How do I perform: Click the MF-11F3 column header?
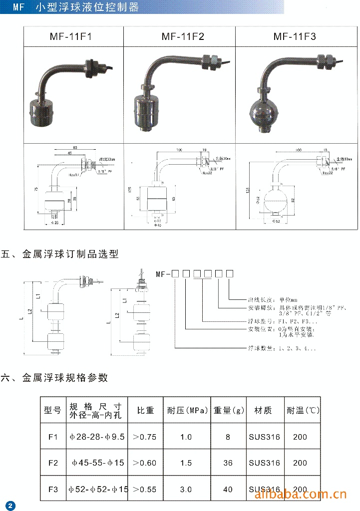point(295,36)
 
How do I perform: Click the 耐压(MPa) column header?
point(185,410)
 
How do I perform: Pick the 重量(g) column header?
point(229,410)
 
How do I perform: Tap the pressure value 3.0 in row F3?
point(185,489)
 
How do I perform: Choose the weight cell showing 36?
point(228,463)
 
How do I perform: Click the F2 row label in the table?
point(53,463)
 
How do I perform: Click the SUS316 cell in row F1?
point(264,437)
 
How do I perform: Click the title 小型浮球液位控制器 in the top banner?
point(87,7)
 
